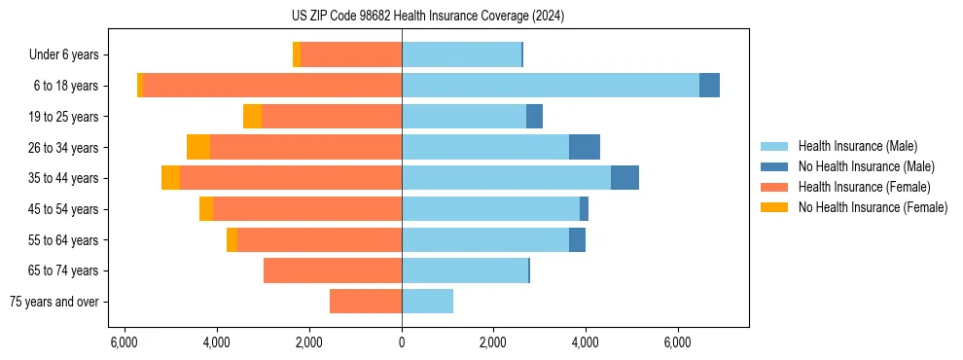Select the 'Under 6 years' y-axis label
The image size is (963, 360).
(x=69, y=54)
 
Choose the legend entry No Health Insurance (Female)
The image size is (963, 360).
(x=873, y=207)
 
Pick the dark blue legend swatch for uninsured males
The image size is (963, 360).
(x=774, y=166)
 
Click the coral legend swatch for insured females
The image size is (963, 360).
(x=774, y=187)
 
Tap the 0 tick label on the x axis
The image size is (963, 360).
(x=402, y=342)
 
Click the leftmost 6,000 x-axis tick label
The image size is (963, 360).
(x=125, y=342)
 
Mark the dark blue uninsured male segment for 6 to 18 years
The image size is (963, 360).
(x=709, y=86)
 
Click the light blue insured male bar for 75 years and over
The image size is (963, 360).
(x=427, y=302)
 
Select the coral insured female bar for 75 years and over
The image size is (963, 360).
(x=366, y=302)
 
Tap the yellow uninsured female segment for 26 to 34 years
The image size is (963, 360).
(x=198, y=147)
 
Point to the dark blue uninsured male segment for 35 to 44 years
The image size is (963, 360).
(x=624, y=178)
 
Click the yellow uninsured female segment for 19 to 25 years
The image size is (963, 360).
(x=252, y=117)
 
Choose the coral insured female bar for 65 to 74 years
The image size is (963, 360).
(x=333, y=270)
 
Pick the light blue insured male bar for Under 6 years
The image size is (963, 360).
(x=461, y=54)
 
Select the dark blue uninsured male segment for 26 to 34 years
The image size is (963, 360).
(x=585, y=147)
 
